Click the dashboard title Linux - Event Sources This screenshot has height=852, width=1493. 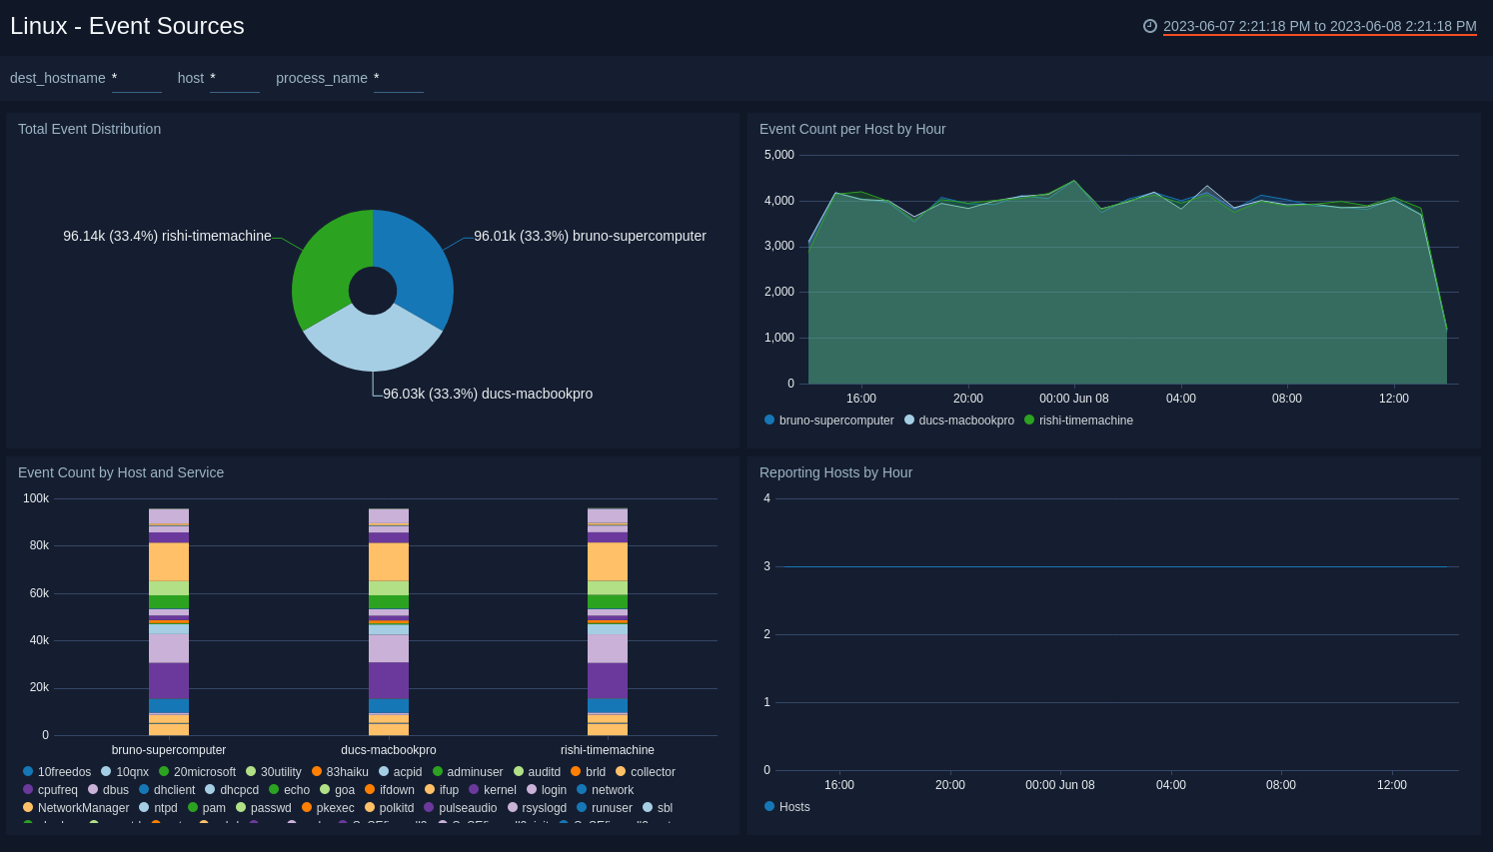[127, 26]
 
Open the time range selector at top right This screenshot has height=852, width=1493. [1318, 26]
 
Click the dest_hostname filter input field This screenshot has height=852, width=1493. [136, 78]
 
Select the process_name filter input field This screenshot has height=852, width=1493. [398, 78]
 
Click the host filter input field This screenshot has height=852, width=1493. [234, 78]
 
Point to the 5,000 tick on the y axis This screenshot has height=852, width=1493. [778, 155]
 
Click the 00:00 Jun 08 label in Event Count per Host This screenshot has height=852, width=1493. [1073, 399]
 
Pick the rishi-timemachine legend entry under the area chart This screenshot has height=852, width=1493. [1085, 421]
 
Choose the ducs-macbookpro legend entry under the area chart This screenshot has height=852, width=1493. [965, 421]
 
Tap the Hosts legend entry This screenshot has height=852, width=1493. [793, 807]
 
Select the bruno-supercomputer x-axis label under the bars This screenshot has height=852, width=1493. [169, 750]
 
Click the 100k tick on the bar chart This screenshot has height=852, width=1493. [36, 498]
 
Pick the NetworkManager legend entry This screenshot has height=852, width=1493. [83, 808]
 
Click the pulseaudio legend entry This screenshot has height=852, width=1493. [467, 808]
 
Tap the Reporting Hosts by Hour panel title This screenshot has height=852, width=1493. [835, 472]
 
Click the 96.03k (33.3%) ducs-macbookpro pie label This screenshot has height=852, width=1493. [487, 394]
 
